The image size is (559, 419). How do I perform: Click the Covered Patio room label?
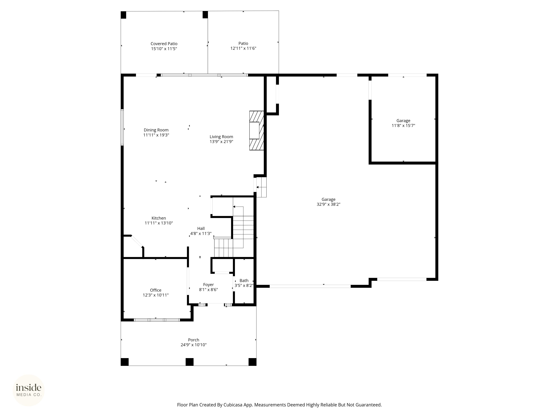point(164,44)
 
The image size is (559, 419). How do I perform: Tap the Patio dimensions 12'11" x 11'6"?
point(243,48)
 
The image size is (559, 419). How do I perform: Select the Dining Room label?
point(156,130)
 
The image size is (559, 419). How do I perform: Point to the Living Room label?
point(221,137)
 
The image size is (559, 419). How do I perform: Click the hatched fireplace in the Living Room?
point(256,131)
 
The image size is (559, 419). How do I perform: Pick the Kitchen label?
point(159,218)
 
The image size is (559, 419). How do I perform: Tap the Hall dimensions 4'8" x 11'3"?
point(201,233)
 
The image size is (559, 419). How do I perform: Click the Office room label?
point(156,290)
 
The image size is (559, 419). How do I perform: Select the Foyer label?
point(209,285)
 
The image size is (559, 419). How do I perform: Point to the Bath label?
point(244,281)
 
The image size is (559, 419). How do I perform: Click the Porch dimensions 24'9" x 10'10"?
point(194,345)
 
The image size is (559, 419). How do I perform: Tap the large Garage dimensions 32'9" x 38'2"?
point(329,204)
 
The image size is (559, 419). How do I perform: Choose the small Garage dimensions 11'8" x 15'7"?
point(403,126)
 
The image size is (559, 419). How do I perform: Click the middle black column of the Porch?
point(190,362)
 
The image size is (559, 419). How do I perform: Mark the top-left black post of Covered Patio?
point(123,15)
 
